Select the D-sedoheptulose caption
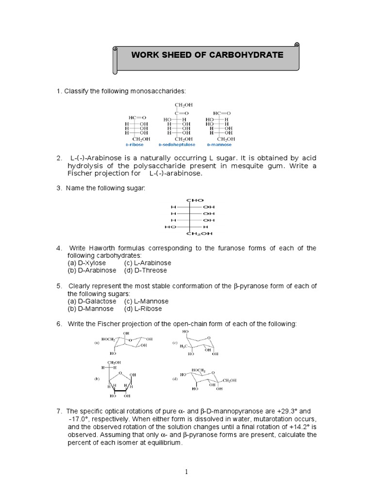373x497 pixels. pos(177,145)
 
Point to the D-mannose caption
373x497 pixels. pos(219,145)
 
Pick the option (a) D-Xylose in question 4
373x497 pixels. pos(86,263)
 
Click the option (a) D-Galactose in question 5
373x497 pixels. pos(92,301)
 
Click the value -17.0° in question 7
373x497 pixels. pos(80,419)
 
